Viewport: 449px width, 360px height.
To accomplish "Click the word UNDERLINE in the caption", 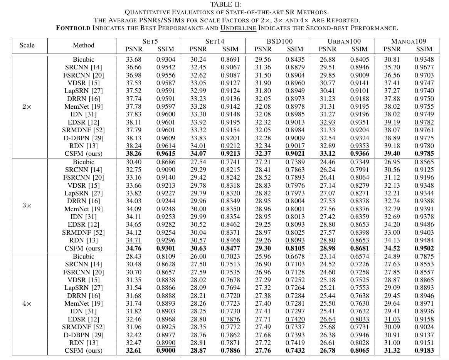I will [238, 28].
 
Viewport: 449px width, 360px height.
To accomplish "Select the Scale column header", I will [27, 45].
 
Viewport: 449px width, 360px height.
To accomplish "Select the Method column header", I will [83, 45].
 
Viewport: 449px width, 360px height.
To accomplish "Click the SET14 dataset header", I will [215, 41].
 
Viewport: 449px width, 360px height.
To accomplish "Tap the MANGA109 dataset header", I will [409, 41].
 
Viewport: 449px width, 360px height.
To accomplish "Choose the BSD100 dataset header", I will [279, 41].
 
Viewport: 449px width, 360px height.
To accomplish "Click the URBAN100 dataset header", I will [344, 41].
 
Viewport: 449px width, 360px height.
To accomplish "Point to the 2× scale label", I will [27, 106].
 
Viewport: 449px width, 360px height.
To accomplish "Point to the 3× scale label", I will [27, 205].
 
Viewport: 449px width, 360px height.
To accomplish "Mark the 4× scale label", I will [27, 303].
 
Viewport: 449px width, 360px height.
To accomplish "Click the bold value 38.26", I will [134, 154].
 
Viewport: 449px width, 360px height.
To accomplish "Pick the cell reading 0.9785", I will [424, 154].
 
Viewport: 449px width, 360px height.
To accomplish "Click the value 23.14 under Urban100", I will [328, 256].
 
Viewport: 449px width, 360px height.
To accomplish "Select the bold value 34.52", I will [392, 248].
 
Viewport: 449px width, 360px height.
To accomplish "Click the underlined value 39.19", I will [392, 122].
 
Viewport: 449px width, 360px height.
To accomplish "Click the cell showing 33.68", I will [134, 59].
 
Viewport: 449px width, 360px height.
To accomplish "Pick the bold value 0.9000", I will [166, 351].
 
